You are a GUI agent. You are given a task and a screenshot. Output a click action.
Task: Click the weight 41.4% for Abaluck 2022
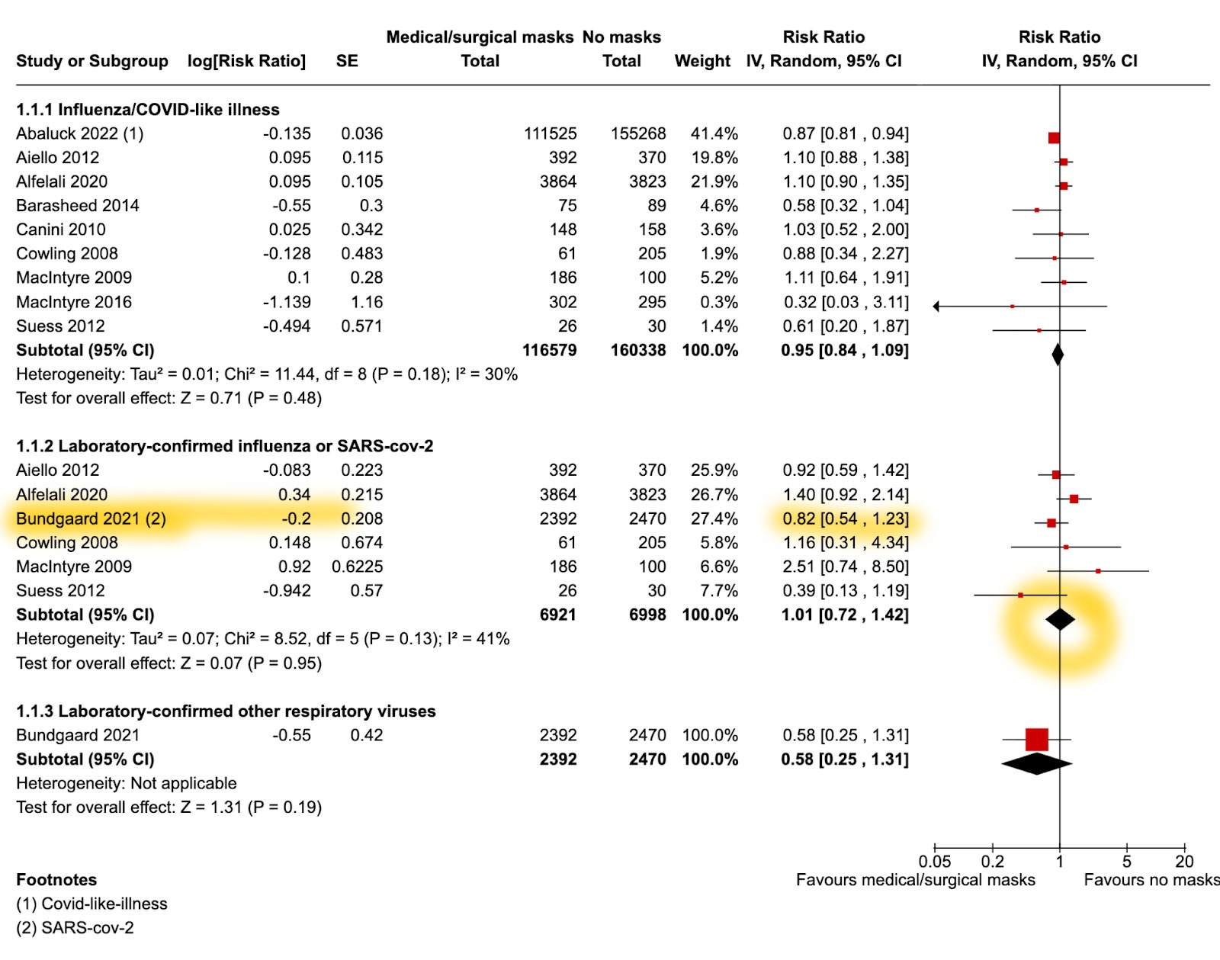(714, 133)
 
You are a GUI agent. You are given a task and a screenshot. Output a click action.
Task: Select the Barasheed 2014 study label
(78, 206)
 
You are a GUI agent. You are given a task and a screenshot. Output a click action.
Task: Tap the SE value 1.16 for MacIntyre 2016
(366, 302)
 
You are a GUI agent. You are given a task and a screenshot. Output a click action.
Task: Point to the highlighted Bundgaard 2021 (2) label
(91, 519)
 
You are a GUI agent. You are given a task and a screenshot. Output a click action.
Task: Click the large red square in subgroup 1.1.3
(1036, 739)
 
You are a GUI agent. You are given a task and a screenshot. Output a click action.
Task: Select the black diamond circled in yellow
(1060, 619)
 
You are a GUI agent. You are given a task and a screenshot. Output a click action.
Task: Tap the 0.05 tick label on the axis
(934, 862)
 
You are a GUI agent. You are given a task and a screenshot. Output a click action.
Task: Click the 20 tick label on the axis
(1184, 862)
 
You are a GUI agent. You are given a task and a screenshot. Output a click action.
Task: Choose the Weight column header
(702, 61)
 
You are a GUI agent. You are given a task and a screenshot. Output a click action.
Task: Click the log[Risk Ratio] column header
(246, 61)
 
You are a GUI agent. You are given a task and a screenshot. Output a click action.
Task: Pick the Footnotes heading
(56, 880)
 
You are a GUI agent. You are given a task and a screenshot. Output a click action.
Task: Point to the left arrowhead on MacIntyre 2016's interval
(936, 307)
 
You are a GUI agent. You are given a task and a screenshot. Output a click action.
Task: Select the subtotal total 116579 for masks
(549, 351)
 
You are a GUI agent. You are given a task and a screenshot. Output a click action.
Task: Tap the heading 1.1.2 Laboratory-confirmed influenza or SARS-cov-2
(225, 446)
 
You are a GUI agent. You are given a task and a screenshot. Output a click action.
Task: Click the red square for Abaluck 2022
(1054, 138)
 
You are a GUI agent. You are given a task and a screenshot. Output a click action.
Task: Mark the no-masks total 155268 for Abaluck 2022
(637, 133)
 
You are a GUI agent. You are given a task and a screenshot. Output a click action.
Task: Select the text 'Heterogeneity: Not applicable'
(127, 783)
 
